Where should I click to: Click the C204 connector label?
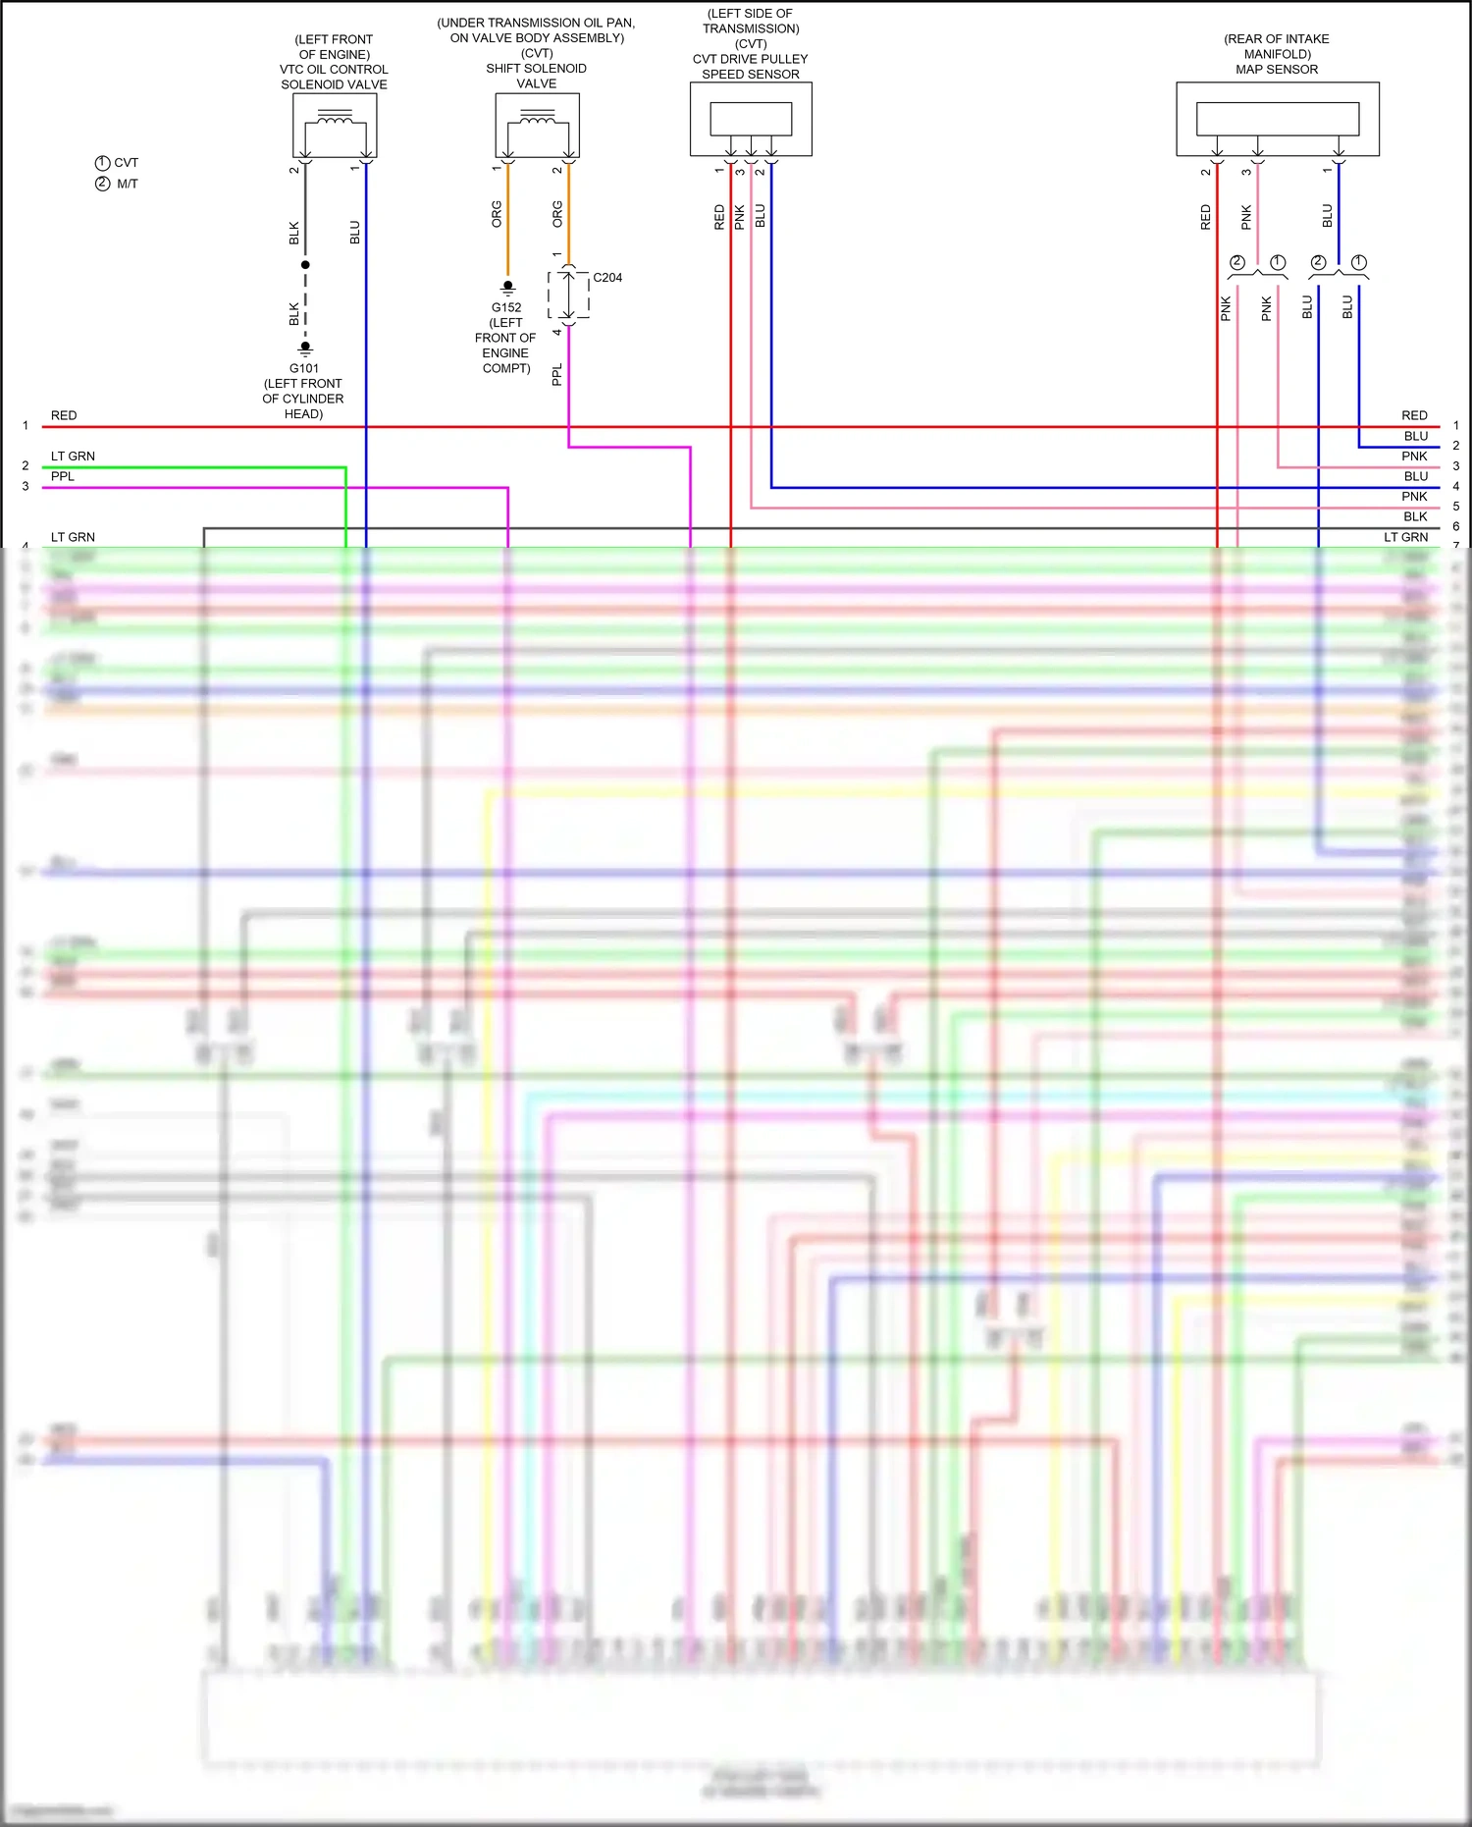coord(607,278)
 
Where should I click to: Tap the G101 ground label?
coord(304,368)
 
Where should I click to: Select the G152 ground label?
coord(506,307)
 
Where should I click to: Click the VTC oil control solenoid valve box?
coord(335,125)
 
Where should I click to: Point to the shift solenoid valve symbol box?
coord(537,125)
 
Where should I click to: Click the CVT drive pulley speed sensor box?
coord(751,119)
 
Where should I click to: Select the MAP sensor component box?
coord(1278,119)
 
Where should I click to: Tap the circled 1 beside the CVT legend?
coord(102,163)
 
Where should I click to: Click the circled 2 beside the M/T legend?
coord(102,184)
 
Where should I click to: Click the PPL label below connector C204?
coord(557,374)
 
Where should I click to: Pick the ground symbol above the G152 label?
coord(507,288)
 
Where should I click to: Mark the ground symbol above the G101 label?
coord(305,348)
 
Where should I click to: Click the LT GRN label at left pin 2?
coord(73,457)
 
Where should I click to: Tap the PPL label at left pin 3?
coord(63,476)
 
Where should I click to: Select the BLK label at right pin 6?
coord(1415,516)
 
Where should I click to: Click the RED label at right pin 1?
coord(1414,415)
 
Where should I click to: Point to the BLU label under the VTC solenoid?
coord(355,233)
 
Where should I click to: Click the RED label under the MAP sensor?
coord(1206,217)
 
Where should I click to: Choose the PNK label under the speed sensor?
coord(740,217)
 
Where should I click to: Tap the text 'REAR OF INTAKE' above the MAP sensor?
coord(1277,39)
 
